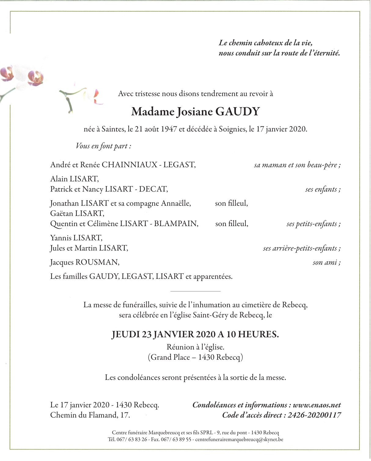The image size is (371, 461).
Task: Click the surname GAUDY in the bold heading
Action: pos(237,112)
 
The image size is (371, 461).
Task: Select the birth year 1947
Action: pos(169,129)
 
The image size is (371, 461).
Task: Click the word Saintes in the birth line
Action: pos(113,129)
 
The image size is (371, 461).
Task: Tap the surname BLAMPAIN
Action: pos(176,224)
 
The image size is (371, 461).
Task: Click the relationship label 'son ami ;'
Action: pos(326,262)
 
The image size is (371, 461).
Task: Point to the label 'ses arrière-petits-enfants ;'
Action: pos(302,248)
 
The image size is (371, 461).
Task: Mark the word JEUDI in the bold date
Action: pos(126,335)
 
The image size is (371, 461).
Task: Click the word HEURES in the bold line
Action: pos(258,335)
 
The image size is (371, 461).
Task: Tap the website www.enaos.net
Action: pos(317,405)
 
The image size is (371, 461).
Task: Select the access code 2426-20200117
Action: pos(314,415)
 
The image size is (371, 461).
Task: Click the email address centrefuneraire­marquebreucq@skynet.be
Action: pos(239,440)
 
